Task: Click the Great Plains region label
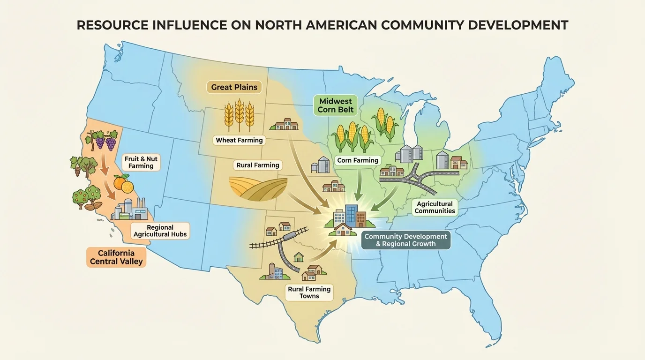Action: click(234, 87)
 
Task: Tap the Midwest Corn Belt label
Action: click(336, 105)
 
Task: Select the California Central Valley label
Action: click(116, 257)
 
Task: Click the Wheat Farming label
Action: click(240, 140)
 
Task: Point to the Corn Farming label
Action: click(358, 160)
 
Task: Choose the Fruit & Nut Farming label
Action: click(141, 162)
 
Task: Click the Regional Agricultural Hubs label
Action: click(160, 231)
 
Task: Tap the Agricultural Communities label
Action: click(435, 207)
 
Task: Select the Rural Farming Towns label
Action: click(309, 292)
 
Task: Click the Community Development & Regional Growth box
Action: click(406, 240)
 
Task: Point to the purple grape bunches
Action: click(104, 139)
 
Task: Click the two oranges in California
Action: click(124, 183)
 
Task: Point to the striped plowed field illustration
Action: click(258, 188)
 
